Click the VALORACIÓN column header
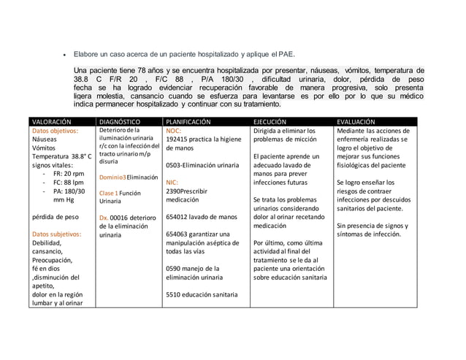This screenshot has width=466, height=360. click(x=51, y=121)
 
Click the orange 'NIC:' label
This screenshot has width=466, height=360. click(x=172, y=183)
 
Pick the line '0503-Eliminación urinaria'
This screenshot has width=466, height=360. click(x=202, y=166)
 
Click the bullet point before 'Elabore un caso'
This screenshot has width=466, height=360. click(x=67, y=54)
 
